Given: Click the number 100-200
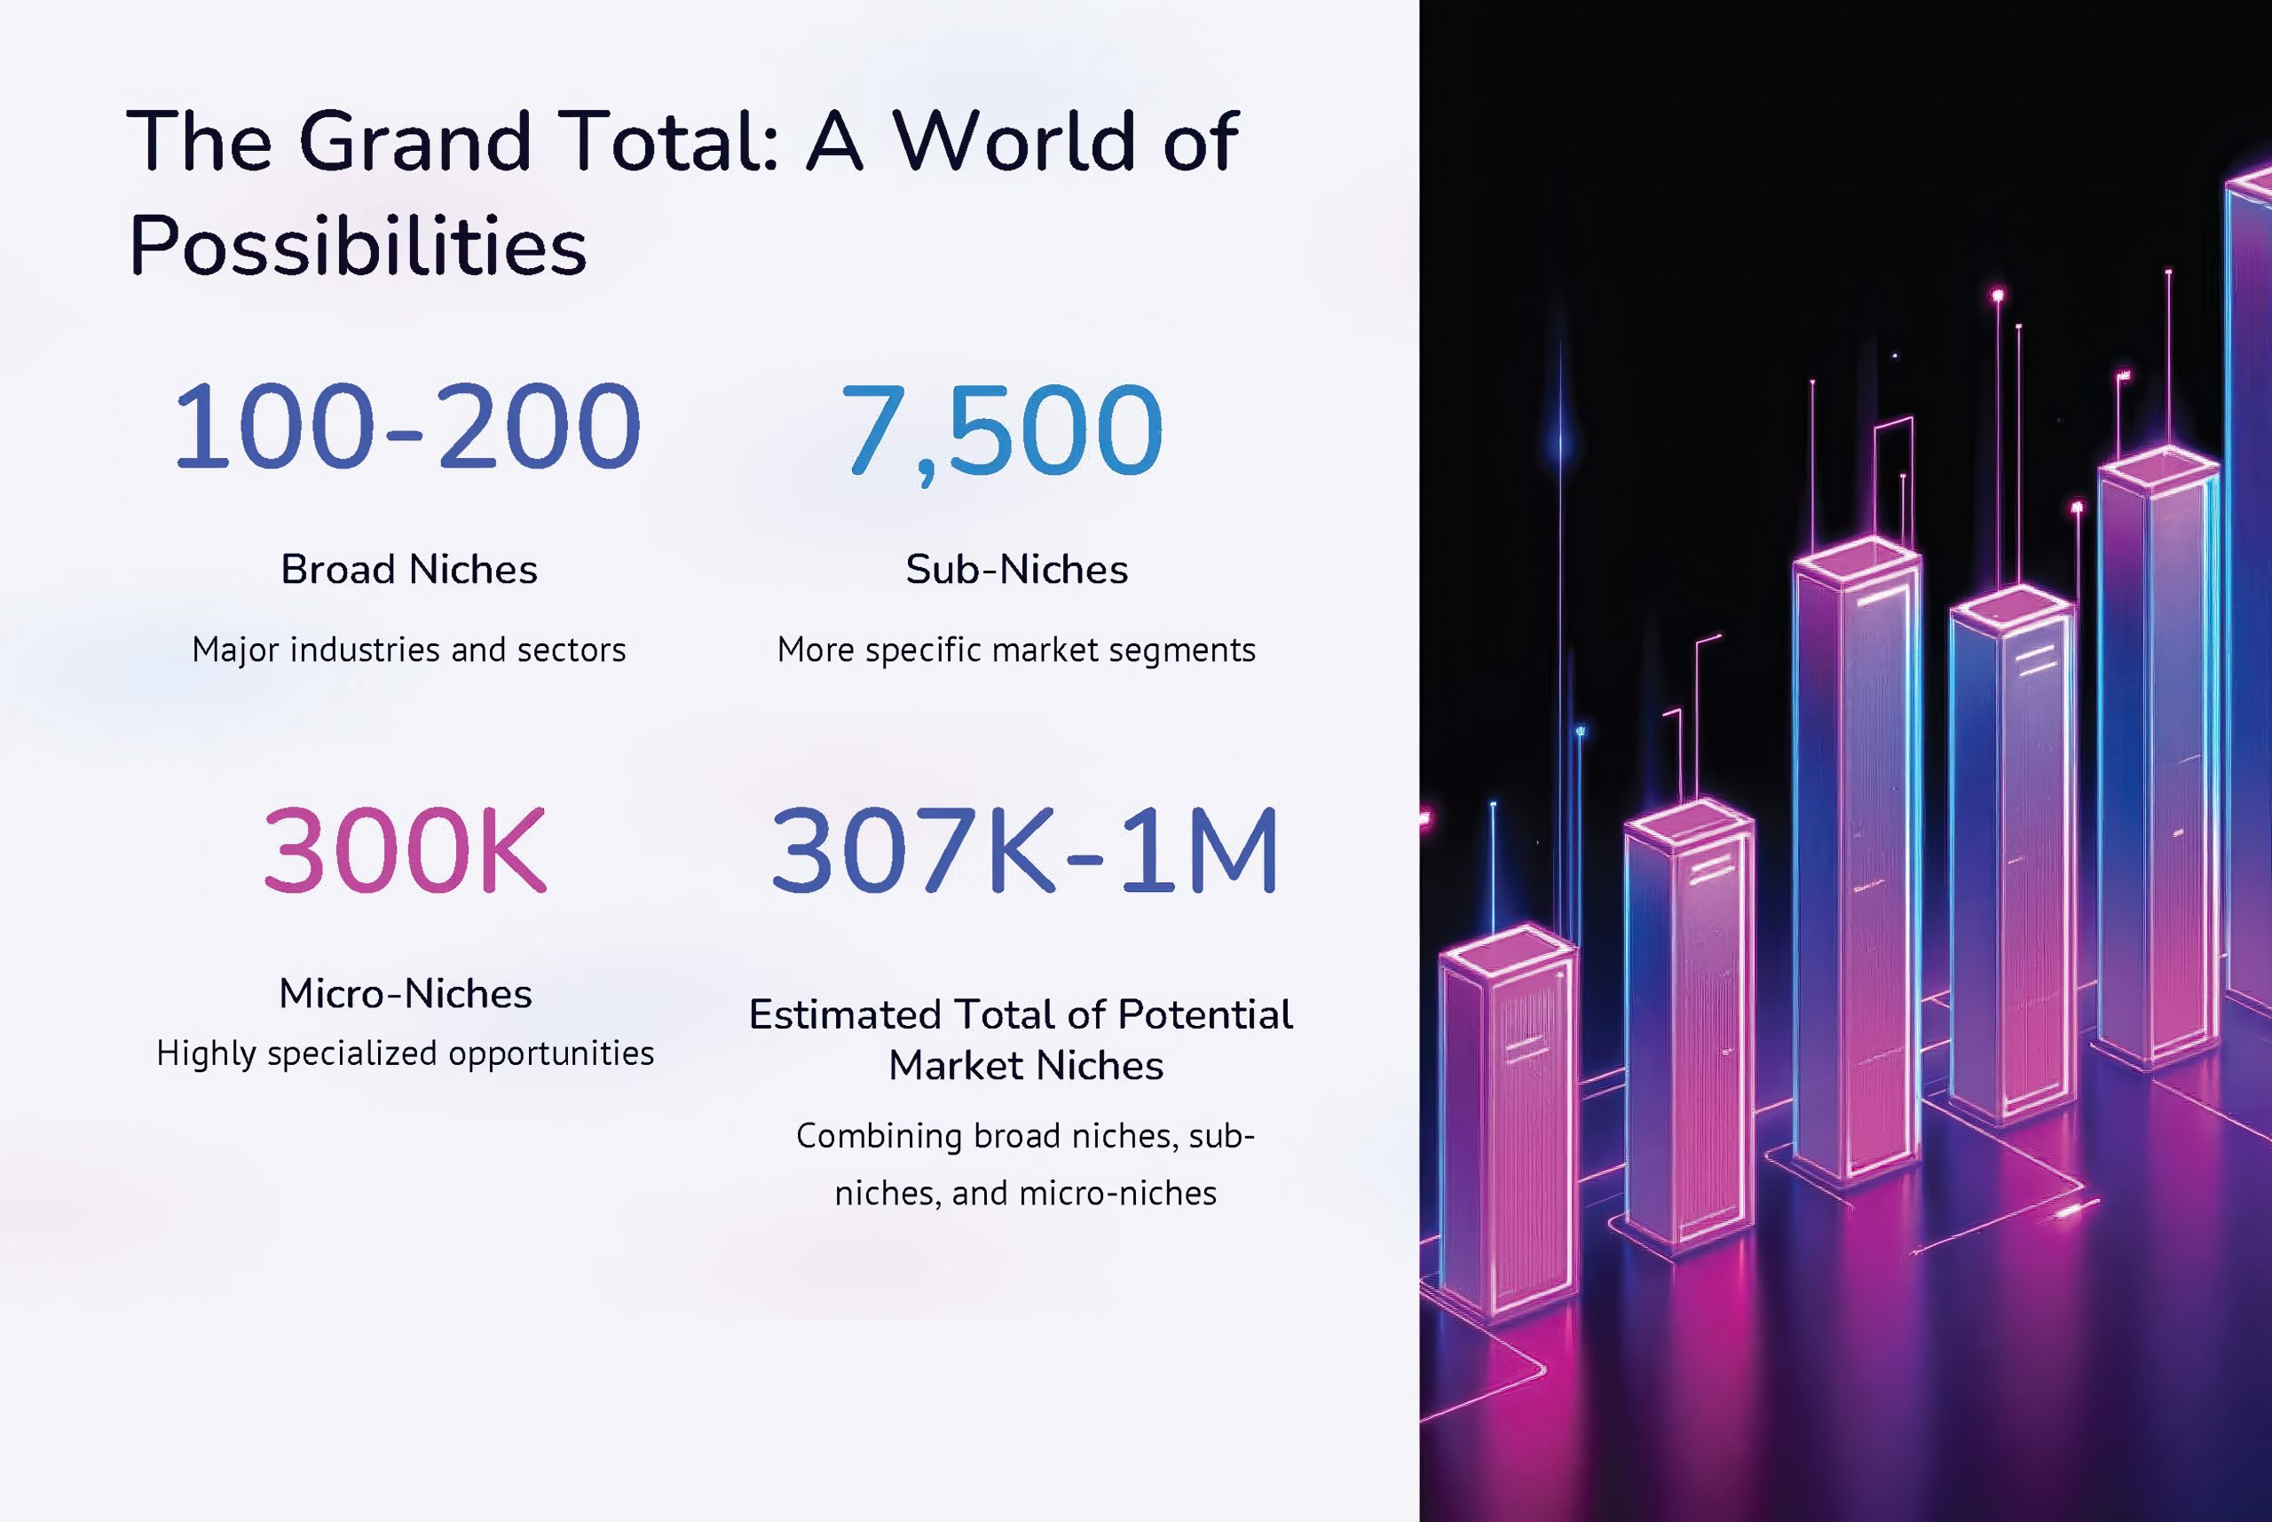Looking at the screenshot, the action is point(406,427).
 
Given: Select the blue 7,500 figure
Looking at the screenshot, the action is point(1002,431).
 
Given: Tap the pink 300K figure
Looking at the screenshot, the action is point(405,851).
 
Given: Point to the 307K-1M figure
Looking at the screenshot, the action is point(1024,851).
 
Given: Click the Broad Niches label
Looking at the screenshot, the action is point(408,570).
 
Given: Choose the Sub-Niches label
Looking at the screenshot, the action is point(1016,570).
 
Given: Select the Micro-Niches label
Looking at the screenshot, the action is point(406,994).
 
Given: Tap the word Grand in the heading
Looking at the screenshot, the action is point(415,142).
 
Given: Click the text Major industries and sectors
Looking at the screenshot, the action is point(408,651).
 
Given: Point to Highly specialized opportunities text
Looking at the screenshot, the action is point(406,1054).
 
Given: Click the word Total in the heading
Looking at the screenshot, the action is point(667,142).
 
